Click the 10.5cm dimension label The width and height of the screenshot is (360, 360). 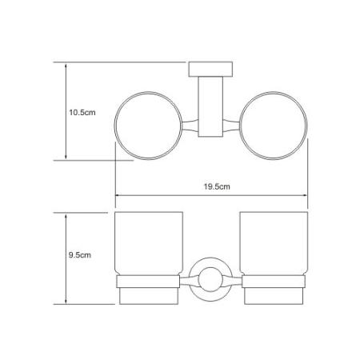pyautogui.click(x=82, y=112)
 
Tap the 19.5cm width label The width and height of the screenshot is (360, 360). pyautogui.click(x=217, y=186)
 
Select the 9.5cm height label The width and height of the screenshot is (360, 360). pyautogui.click(x=80, y=255)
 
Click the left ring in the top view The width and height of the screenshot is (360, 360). pyautogui.click(x=114, y=126)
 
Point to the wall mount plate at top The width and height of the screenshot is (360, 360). pyautogui.click(x=210, y=70)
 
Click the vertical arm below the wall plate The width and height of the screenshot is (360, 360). pyautogui.click(x=210, y=106)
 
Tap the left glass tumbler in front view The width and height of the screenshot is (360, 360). pyautogui.click(x=149, y=243)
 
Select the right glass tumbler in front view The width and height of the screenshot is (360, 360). pyautogui.click(x=274, y=243)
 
